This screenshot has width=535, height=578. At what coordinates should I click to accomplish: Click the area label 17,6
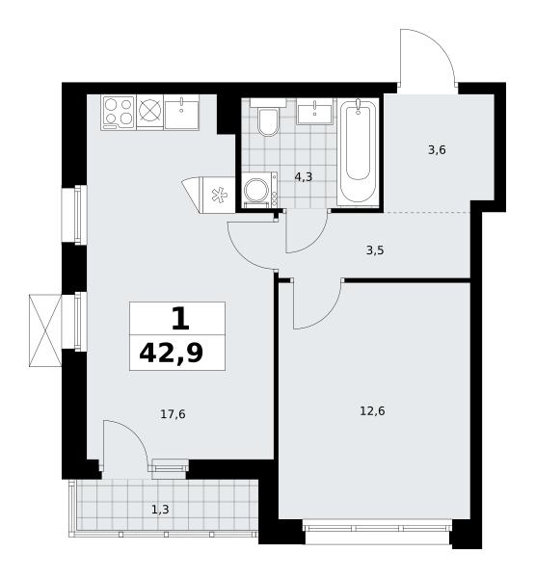173,414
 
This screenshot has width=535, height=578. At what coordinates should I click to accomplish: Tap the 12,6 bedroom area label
372,410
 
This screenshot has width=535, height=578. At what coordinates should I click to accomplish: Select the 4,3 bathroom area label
304,177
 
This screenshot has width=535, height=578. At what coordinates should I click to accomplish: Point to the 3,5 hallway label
375,250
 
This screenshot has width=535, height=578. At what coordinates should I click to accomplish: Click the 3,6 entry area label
437,150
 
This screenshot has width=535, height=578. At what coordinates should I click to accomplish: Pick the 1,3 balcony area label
160,510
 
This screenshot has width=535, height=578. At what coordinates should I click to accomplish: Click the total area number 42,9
172,354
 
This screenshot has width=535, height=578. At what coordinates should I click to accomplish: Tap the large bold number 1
181,319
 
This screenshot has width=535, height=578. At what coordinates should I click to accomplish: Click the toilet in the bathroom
268,118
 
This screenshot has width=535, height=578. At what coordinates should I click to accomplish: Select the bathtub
358,150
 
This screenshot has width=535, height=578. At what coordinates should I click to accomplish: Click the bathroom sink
314,112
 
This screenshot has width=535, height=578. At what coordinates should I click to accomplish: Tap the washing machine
260,190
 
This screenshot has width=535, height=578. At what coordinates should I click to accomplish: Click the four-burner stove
119,112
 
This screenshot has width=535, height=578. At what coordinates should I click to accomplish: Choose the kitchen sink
181,112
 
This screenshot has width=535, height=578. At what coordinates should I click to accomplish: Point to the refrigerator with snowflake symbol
218,196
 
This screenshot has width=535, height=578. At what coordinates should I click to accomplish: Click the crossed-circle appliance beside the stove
149,112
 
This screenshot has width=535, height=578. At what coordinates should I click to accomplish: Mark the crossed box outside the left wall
45,330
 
